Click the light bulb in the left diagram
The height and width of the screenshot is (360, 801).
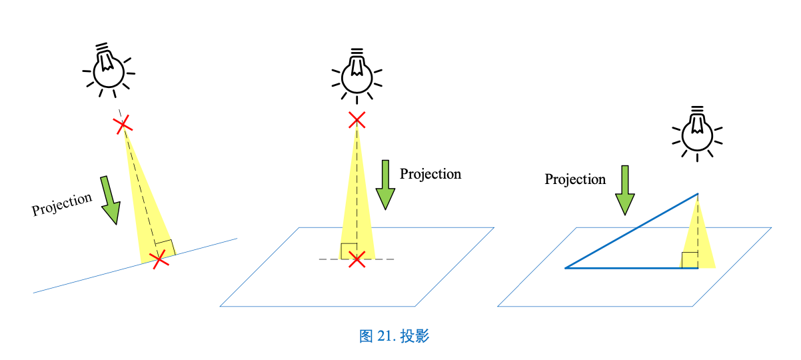(x=109, y=69)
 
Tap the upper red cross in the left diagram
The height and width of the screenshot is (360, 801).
(x=121, y=125)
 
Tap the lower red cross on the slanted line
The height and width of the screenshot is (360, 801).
(x=159, y=260)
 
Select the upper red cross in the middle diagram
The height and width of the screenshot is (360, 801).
(x=357, y=120)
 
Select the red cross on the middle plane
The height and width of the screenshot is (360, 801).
(x=357, y=259)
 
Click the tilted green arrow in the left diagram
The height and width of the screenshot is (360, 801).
(x=110, y=200)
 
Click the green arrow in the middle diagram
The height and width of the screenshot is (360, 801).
(x=385, y=185)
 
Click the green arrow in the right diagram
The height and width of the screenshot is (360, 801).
(x=624, y=190)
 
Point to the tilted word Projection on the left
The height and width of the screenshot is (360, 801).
(x=62, y=204)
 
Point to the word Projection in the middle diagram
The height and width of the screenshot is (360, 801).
(x=430, y=174)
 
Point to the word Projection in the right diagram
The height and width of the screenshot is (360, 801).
(x=575, y=179)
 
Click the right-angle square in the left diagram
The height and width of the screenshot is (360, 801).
(x=165, y=248)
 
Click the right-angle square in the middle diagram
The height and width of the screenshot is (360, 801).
(x=349, y=251)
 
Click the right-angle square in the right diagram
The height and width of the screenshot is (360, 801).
(x=690, y=260)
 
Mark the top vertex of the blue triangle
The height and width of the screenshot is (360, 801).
(x=698, y=194)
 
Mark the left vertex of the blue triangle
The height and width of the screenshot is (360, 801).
(x=566, y=268)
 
